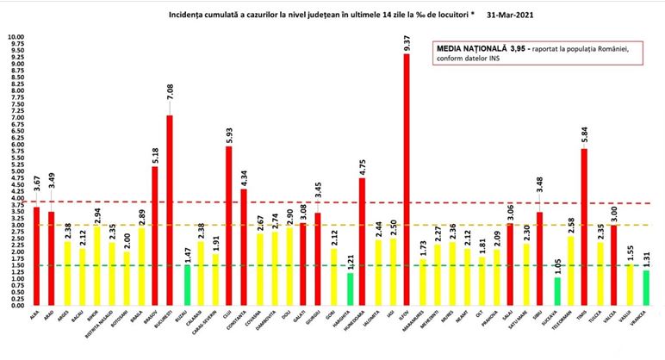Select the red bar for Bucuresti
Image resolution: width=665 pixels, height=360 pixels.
tap(170, 210)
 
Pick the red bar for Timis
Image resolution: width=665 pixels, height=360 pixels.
tap(583, 227)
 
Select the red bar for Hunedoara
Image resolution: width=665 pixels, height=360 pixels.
tap(362, 241)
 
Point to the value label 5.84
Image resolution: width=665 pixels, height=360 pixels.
tap(584, 134)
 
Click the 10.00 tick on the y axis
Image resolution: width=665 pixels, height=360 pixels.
tap(16, 38)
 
